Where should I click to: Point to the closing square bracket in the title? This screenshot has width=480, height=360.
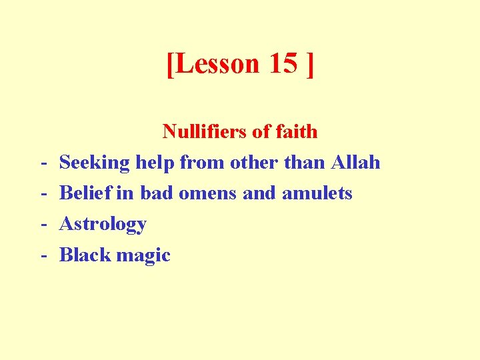pyautogui.click(x=309, y=65)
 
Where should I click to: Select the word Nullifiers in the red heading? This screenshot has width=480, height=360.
pyautogui.click(x=204, y=131)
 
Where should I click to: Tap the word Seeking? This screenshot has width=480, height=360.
pyautogui.click(x=95, y=162)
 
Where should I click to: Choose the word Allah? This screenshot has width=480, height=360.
pyautogui.click(x=355, y=162)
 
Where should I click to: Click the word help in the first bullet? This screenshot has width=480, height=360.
pyautogui.click(x=155, y=162)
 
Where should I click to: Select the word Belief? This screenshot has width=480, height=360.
pyautogui.click(x=86, y=193)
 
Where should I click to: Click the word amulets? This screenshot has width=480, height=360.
pyautogui.click(x=317, y=193)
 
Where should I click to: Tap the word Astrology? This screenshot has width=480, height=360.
pyautogui.click(x=103, y=225)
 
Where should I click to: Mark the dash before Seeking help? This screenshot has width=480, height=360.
pyautogui.click(x=42, y=163)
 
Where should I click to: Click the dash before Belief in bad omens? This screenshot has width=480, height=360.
pyautogui.click(x=42, y=194)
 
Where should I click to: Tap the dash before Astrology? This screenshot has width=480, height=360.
pyautogui.click(x=42, y=225)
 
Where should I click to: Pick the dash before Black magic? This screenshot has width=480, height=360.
pyautogui.click(x=42, y=255)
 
